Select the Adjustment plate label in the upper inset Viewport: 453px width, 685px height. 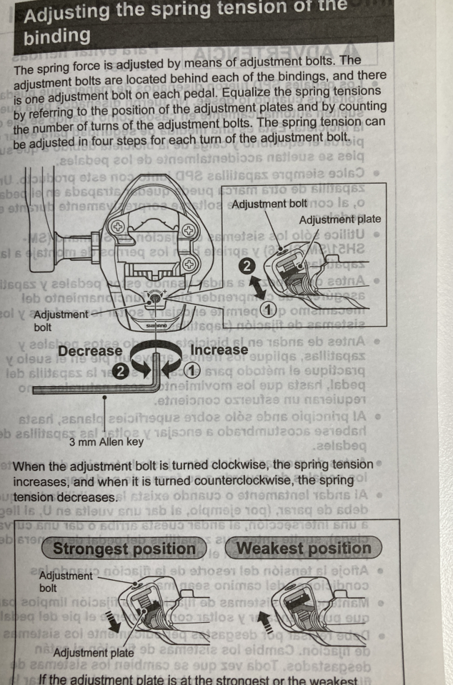[340, 220]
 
